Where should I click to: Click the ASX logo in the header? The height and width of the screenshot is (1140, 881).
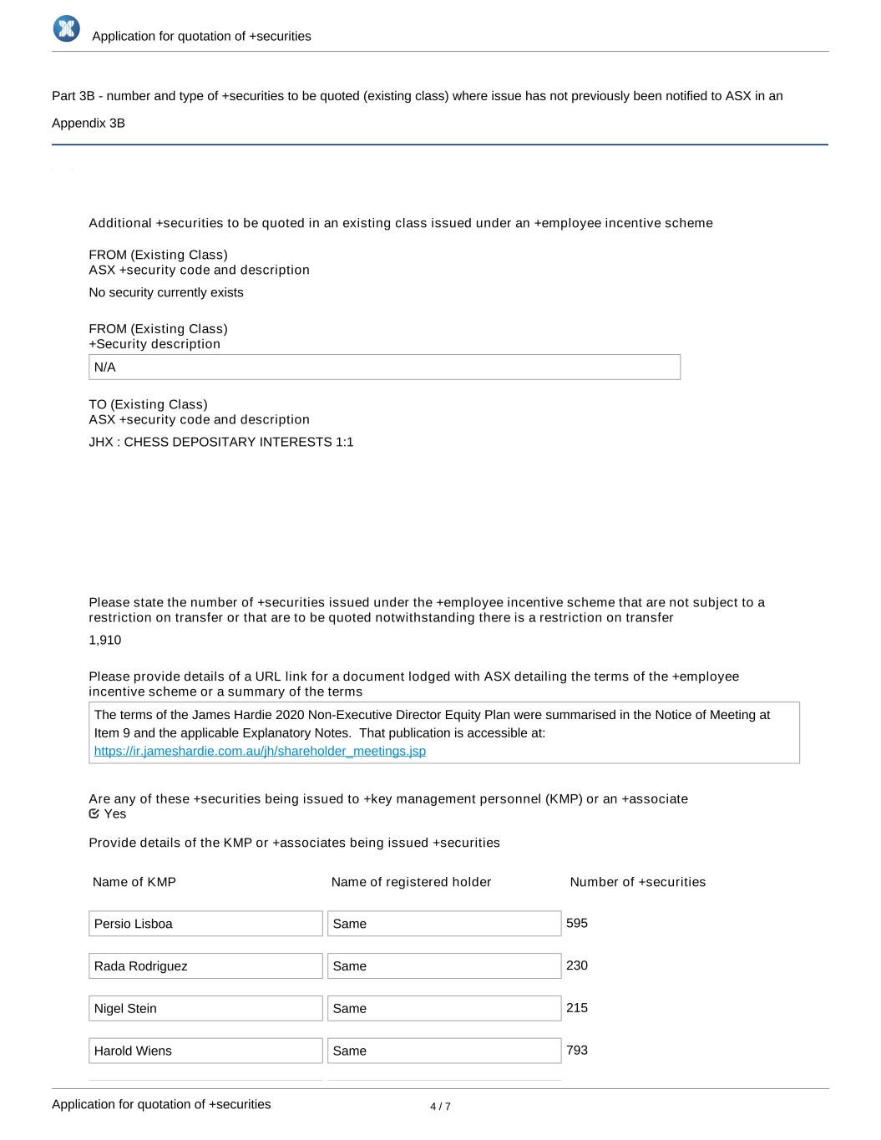click(x=66, y=28)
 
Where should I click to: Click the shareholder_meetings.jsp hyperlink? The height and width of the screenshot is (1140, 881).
click(x=260, y=751)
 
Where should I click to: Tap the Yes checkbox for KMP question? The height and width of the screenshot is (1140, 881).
click(x=94, y=813)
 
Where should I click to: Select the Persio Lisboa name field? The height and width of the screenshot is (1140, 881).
click(x=205, y=924)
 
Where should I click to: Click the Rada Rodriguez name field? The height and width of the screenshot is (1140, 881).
click(x=205, y=966)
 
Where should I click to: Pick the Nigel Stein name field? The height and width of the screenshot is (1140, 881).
click(x=205, y=1008)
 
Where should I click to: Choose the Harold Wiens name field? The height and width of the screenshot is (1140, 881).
click(x=205, y=1051)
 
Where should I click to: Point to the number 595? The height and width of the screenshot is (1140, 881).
click(x=577, y=923)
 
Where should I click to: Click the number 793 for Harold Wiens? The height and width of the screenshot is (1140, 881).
click(x=577, y=1050)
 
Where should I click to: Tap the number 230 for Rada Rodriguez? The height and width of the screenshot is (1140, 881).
click(x=577, y=965)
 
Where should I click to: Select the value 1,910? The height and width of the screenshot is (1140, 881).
click(x=105, y=640)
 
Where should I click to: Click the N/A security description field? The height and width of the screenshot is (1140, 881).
click(x=384, y=367)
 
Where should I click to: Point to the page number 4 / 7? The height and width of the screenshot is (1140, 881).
click(x=440, y=1107)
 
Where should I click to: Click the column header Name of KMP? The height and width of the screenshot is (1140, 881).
click(x=134, y=882)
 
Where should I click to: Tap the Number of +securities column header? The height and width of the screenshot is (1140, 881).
click(x=637, y=882)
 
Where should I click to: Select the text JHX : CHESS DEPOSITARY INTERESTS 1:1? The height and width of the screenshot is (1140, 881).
click(x=221, y=442)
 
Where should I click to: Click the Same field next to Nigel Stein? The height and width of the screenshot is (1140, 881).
click(x=444, y=1008)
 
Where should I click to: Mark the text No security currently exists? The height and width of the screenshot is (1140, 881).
click(x=166, y=292)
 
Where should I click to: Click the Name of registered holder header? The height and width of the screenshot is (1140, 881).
click(x=411, y=882)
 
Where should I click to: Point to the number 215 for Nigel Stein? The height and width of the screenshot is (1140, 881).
click(x=577, y=1008)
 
